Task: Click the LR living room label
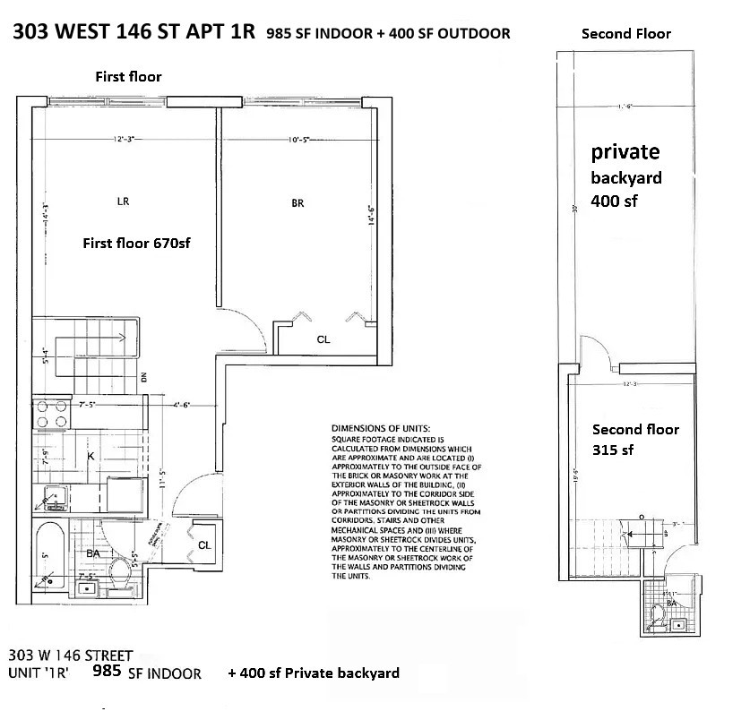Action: tap(124, 201)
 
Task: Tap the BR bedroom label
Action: tap(297, 203)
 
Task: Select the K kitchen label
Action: tap(91, 457)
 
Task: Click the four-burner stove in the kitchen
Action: tap(54, 414)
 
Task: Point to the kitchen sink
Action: tap(51, 493)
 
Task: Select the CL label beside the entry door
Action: tap(204, 544)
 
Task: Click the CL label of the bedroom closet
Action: tap(323, 339)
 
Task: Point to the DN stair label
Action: tap(142, 377)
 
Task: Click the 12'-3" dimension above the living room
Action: tap(125, 139)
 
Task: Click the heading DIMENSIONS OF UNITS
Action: tap(381, 429)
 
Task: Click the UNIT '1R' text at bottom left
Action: tap(41, 672)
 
